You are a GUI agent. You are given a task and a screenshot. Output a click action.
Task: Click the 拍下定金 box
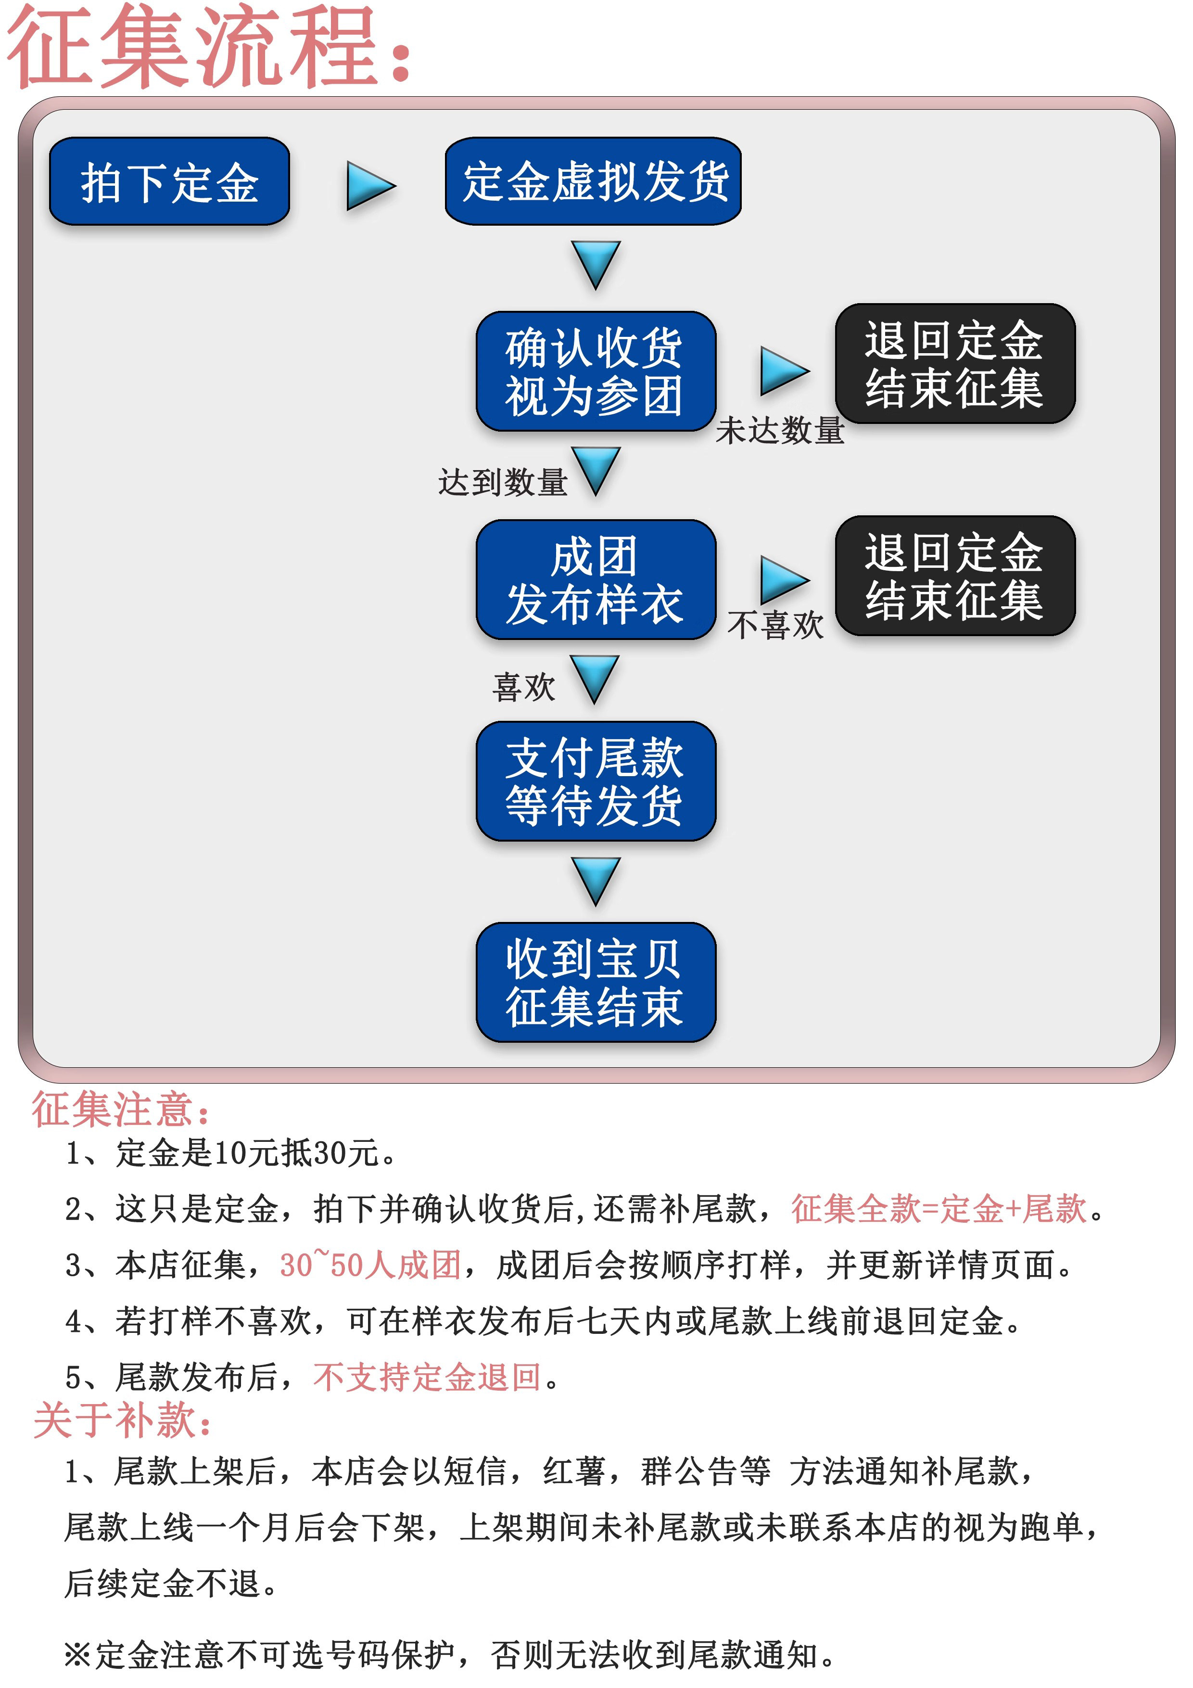point(169,181)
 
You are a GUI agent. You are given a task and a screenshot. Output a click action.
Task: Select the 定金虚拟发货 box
point(593,181)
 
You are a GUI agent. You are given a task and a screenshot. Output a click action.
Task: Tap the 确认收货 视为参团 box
point(596,371)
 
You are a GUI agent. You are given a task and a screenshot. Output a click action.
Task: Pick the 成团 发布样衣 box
point(596,579)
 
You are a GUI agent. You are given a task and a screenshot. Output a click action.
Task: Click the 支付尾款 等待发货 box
point(596,781)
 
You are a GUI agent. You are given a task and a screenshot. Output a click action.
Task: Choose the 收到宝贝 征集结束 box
point(596,982)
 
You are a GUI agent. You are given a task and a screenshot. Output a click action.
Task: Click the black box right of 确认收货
point(954,364)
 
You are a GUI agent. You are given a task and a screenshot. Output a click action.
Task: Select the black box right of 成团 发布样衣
point(954,575)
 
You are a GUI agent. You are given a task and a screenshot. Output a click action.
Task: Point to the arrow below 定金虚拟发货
point(596,263)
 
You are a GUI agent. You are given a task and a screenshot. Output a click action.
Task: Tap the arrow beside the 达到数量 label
point(596,470)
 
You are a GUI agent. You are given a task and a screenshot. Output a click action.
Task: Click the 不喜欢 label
point(775,626)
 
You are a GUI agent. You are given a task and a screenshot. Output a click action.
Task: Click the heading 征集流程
point(209,46)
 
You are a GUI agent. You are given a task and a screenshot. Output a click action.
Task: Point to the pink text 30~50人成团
point(370,1265)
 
